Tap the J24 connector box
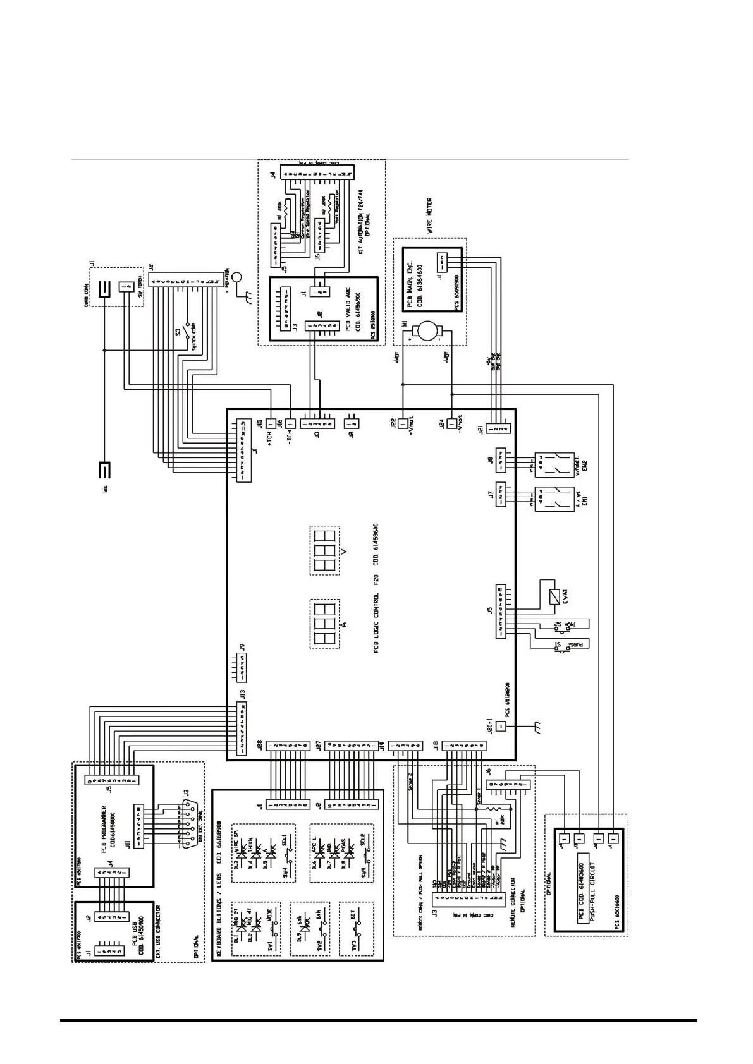451,423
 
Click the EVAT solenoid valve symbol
554,595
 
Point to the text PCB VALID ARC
347,307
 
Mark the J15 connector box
271,423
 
